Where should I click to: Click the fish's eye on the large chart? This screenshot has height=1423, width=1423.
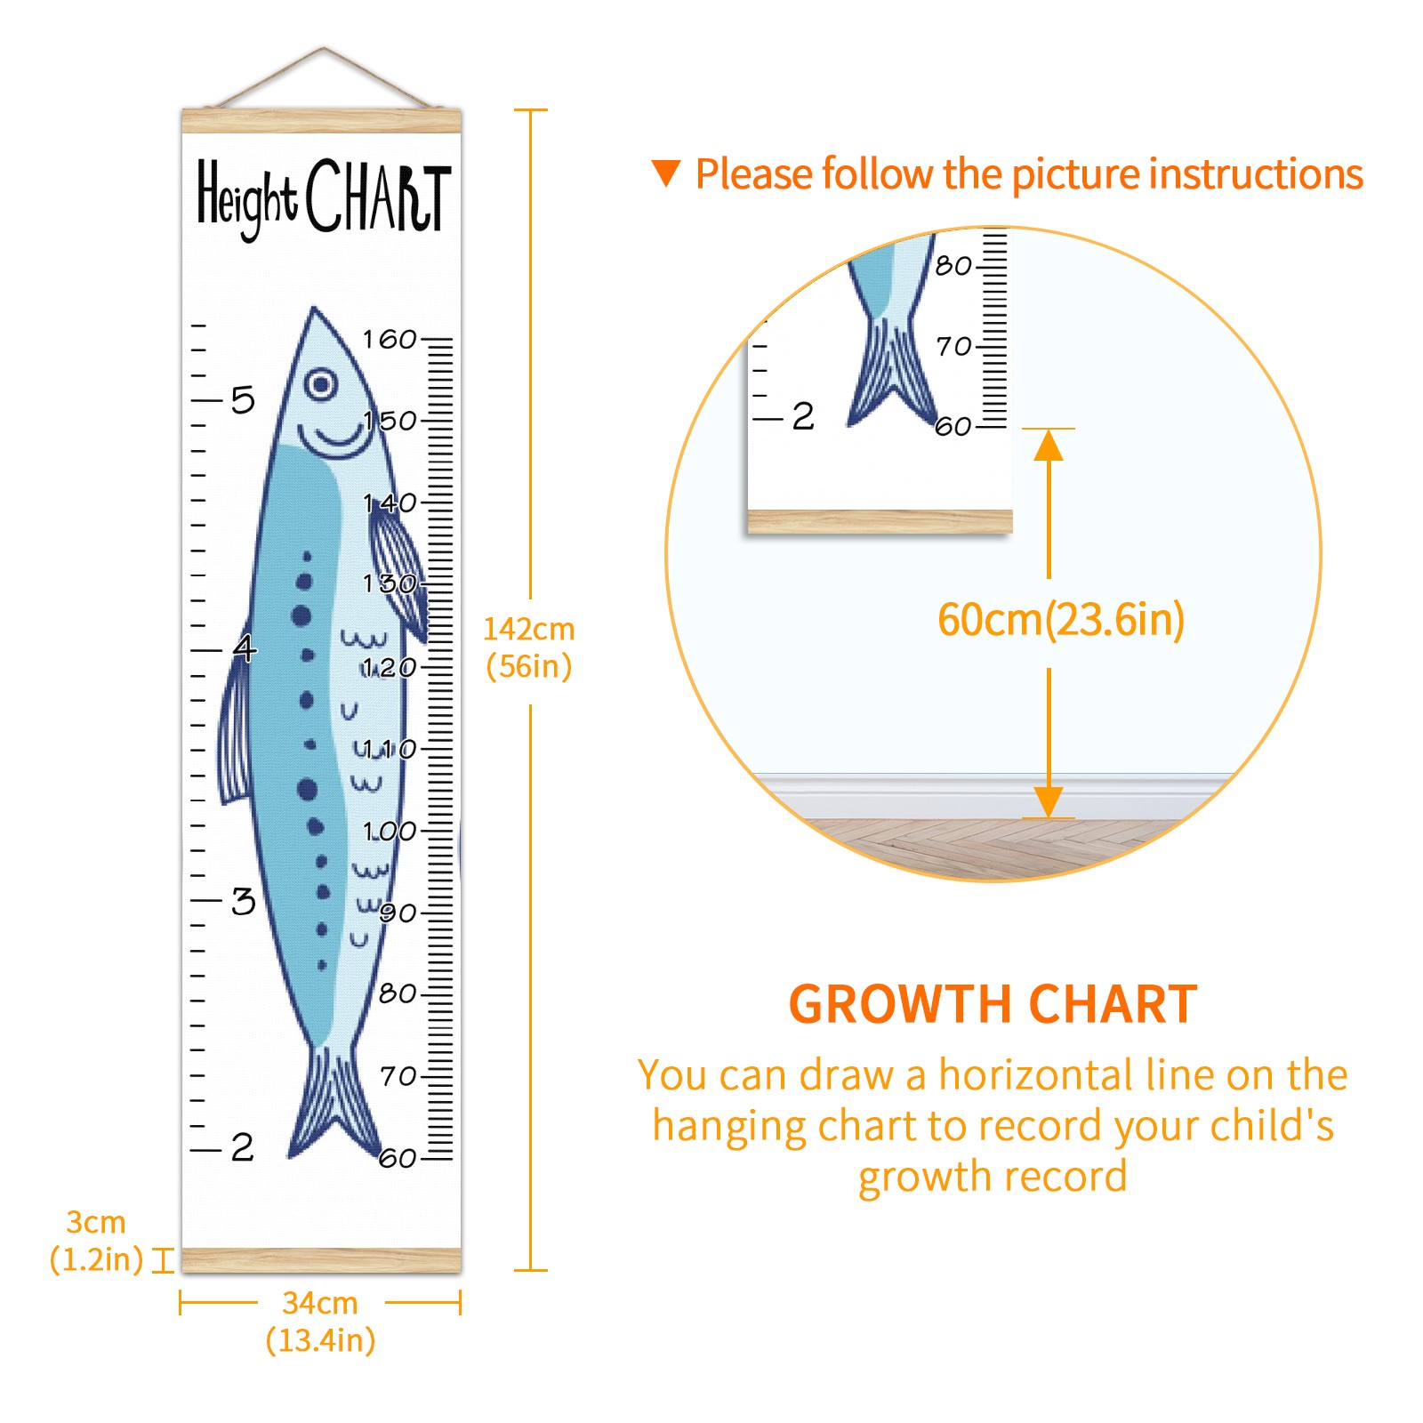click(321, 384)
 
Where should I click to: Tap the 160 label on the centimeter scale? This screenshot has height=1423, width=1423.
click(390, 339)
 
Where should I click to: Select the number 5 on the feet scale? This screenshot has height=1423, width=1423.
click(243, 400)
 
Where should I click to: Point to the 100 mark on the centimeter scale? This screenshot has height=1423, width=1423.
click(390, 831)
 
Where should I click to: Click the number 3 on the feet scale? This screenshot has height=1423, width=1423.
click(243, 901)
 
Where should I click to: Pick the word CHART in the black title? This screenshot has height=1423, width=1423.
click(379, 197)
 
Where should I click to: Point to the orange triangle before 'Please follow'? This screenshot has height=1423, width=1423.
click(665, 172)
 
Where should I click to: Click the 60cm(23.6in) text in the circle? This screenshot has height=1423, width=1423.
click(1061, 620)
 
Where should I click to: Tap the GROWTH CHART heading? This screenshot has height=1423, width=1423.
click(993, 1004)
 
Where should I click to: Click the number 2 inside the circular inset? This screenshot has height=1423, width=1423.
click(803, 416)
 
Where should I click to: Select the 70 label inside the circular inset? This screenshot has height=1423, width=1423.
click(953, 345)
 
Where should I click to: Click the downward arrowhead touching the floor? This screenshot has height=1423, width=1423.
click(1049, 801)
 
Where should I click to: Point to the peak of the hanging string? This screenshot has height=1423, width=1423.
click(324, 48)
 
